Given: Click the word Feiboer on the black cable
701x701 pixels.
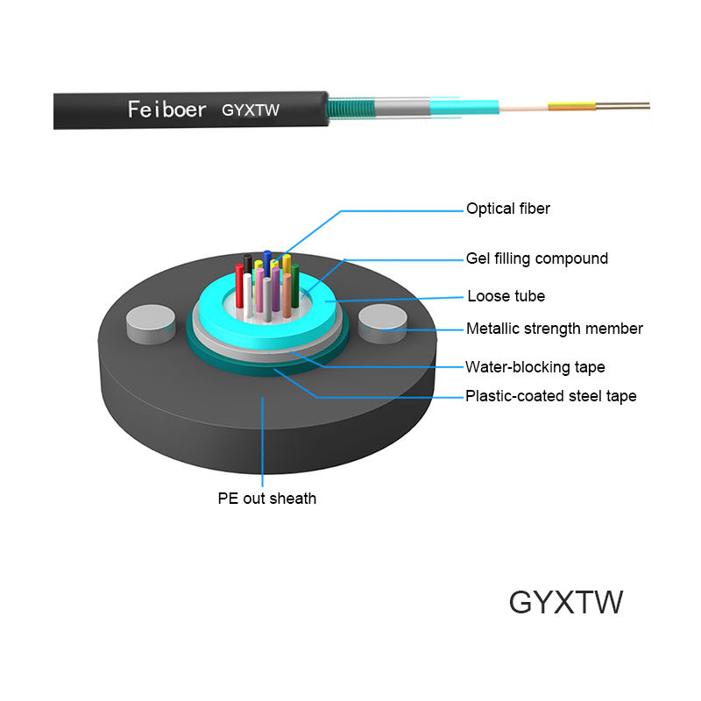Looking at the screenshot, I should [166, 110].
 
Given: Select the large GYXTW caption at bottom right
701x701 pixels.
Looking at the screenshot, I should [566, 603].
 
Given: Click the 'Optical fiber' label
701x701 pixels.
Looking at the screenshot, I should [508, 209].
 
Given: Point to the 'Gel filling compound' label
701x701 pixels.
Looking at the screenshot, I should [536, 258].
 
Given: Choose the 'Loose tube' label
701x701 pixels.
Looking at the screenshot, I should [505, 296].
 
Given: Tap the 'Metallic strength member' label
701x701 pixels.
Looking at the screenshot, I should [554, 329].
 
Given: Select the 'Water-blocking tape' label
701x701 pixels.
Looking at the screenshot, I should [535, 367].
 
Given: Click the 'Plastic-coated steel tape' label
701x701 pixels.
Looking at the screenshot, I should [550, 396].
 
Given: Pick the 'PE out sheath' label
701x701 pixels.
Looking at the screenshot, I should [267, 499].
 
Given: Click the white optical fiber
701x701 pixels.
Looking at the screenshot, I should [249, 295].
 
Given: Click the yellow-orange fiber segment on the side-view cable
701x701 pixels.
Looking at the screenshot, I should [564, 107].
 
